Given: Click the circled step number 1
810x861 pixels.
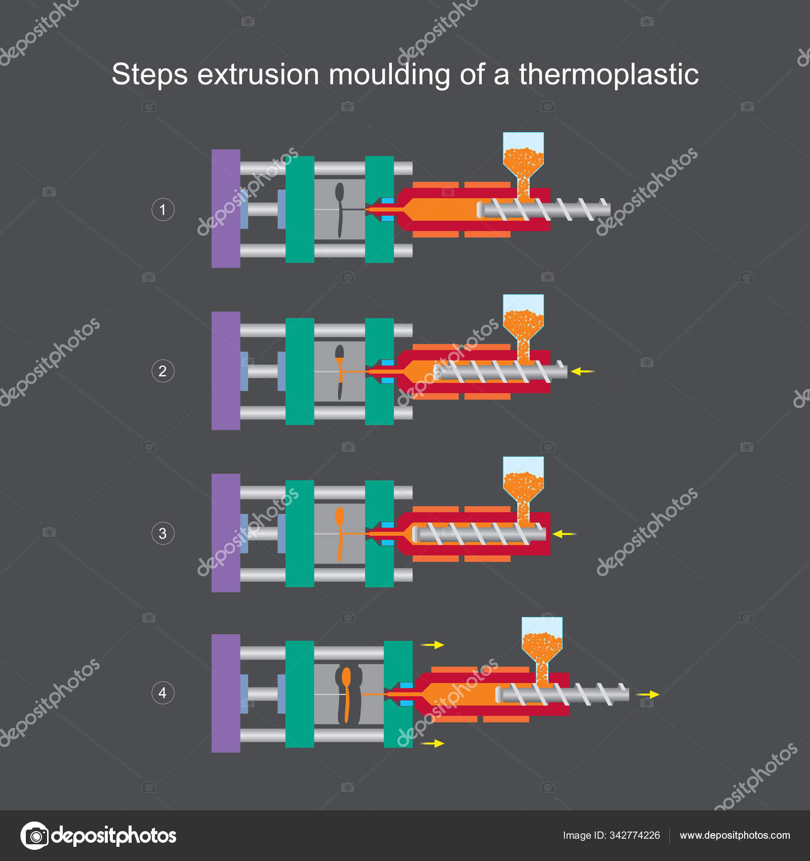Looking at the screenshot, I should tap(163, 210).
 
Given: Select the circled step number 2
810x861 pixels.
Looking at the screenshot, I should tap(163, 371).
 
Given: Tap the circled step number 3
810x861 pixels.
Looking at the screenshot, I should tap(163, 533).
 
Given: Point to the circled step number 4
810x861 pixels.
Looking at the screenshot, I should tap(163, 693).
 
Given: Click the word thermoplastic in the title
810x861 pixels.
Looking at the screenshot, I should tap(609, 74).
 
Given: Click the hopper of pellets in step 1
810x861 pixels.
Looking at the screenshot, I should tap(523, 157).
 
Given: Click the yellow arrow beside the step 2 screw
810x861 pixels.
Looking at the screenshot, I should tap(582, 372).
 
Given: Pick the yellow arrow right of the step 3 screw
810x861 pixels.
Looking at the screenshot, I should tap(564, 534).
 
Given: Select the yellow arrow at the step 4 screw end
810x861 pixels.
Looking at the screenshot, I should tap(648, 694).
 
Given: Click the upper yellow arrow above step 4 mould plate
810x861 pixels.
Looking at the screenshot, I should tap(432, 645).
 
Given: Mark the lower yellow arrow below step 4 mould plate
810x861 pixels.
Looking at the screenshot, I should tap(432, 743).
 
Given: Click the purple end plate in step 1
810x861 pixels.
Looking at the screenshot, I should tap(226, 208).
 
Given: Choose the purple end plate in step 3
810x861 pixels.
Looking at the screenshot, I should tap(226, 533).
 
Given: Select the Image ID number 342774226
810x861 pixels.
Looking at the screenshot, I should tap(634, 835).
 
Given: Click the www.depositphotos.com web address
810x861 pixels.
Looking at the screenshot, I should tap(735, 835).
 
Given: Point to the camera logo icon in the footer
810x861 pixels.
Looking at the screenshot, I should tap(34, 836).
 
